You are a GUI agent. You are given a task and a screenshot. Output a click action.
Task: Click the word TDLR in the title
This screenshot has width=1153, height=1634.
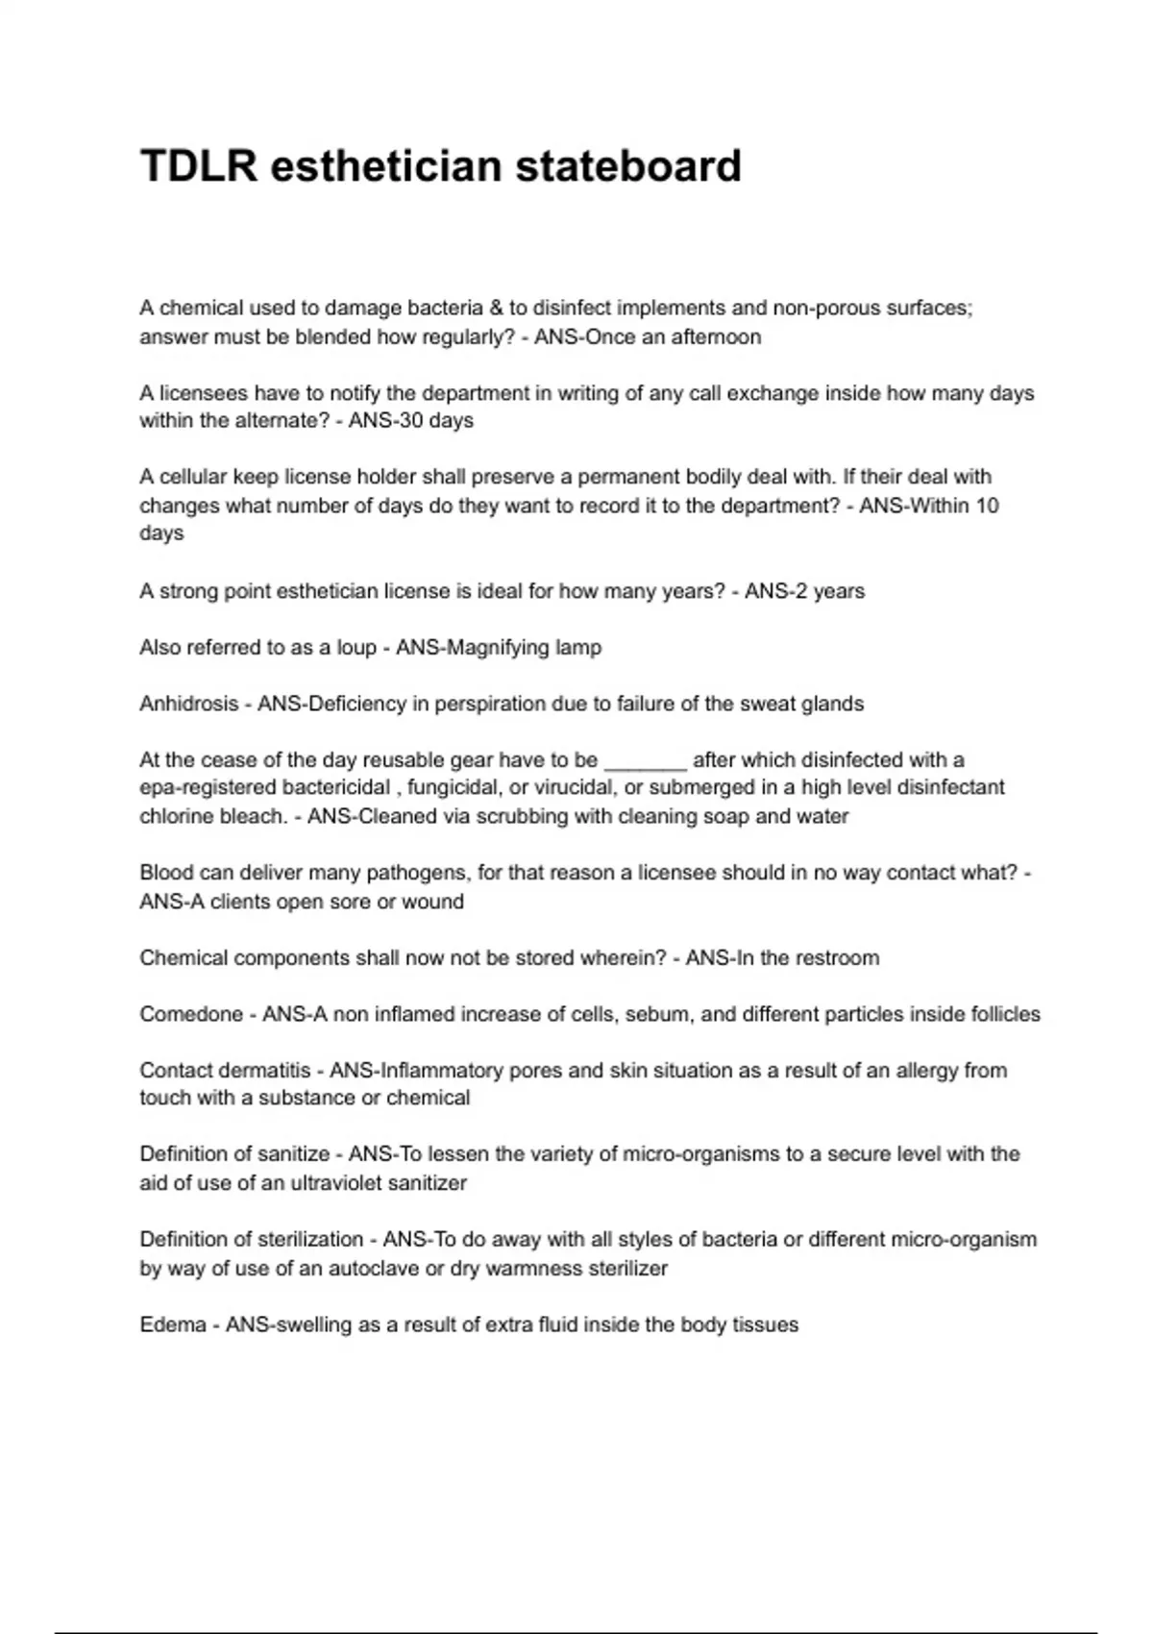click(x=199, y=165)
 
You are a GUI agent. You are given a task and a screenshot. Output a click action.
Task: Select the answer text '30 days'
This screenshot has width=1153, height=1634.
click(x=438, y=420)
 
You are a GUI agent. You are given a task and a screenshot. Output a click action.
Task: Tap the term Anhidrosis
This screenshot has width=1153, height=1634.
click(x=188, y=704)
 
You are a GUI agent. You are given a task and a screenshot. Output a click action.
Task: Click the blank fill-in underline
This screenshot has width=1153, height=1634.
click(x=645, y=761)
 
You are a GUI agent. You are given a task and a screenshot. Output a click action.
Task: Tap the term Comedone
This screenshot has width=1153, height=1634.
click(x=191, y=1014)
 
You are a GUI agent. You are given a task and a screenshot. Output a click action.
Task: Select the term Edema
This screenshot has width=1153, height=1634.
click(x=172, y=1325)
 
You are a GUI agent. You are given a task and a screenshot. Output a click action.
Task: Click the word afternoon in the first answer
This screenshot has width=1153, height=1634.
click(x=716, y=336)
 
